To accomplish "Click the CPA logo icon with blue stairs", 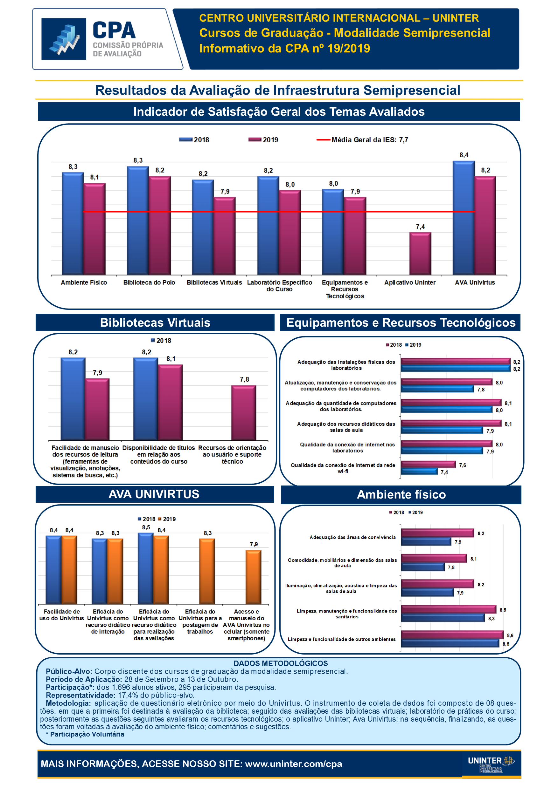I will pos(64,39).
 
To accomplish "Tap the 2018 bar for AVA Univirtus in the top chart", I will pos(464,218).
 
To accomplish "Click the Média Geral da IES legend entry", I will pos(362,140).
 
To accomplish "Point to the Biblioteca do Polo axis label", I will pos(149,282).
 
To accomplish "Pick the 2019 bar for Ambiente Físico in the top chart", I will pos(94,228).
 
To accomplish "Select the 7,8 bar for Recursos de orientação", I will pos(244,412).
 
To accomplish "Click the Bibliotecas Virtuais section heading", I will pos(155,323).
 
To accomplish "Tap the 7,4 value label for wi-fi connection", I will pos(444,472).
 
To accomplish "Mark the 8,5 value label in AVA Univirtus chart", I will pos(146,527).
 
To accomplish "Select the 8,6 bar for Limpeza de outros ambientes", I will pos(452,635).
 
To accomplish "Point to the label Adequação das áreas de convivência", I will pos(352,537).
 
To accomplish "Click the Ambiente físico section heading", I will pos(401,494).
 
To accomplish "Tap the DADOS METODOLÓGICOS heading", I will pos(280,663).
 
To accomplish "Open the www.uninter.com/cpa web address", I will pos(293,764).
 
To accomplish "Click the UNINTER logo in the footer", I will pos(491,764).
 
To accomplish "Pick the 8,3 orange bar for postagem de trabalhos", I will pos(207,571).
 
